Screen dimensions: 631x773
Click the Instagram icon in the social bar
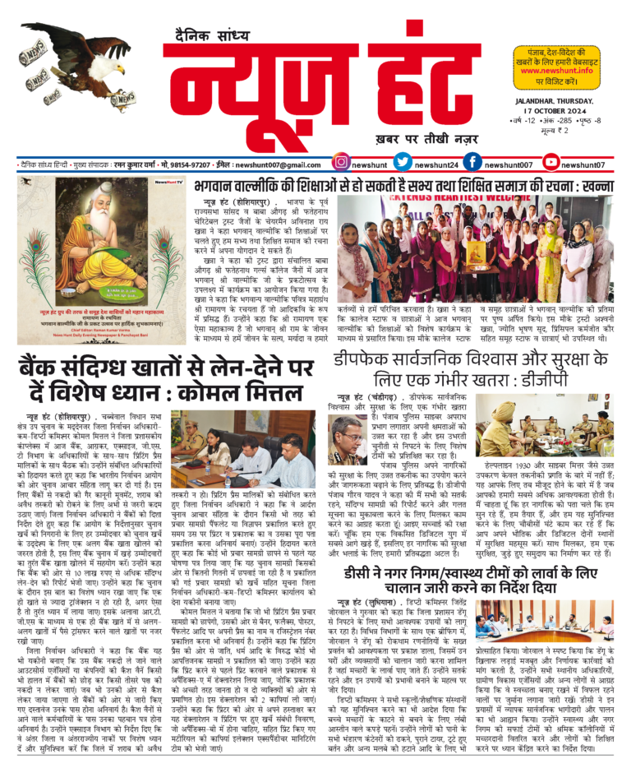[342, 163]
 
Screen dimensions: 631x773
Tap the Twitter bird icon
[402, 163]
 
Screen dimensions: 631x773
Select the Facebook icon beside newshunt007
[472, 163]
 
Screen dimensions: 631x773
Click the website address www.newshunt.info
[559, 71]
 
